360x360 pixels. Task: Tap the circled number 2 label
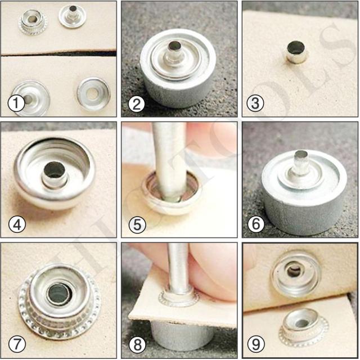[136, 103]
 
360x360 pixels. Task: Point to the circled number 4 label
[16, 225]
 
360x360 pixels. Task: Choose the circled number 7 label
[16, 344]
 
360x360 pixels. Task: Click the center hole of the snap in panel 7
[57, 294]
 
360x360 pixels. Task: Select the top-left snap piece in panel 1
[33, 21]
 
